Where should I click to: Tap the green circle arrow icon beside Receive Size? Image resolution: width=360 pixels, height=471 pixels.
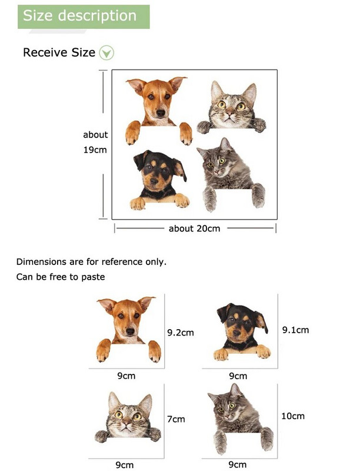pos(106,53)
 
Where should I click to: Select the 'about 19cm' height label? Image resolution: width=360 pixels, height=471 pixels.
pos(95,142)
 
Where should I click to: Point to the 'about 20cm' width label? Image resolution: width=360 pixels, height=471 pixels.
pos(194,228)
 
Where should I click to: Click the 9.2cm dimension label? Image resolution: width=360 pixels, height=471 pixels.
pos(180,333)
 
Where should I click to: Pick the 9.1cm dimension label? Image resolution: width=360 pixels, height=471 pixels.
pos(295,330)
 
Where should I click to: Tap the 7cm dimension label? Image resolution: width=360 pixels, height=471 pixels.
pos(176,419)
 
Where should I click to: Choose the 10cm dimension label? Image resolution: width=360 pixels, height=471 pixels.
pos(292,416)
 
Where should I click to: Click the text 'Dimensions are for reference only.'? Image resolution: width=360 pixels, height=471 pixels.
pos(91,261)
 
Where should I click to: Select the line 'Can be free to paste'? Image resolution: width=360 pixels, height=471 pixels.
pos(61,277)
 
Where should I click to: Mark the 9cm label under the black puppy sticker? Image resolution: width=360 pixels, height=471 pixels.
pos(238,376)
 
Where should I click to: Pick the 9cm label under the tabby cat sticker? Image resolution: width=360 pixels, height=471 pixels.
pos(124,465)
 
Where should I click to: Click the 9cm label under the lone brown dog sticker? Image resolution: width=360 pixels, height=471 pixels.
pos(126,376)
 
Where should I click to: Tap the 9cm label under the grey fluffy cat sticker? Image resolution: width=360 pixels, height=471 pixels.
pos(238,465)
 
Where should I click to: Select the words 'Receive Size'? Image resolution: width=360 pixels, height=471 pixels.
pos(59,52)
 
